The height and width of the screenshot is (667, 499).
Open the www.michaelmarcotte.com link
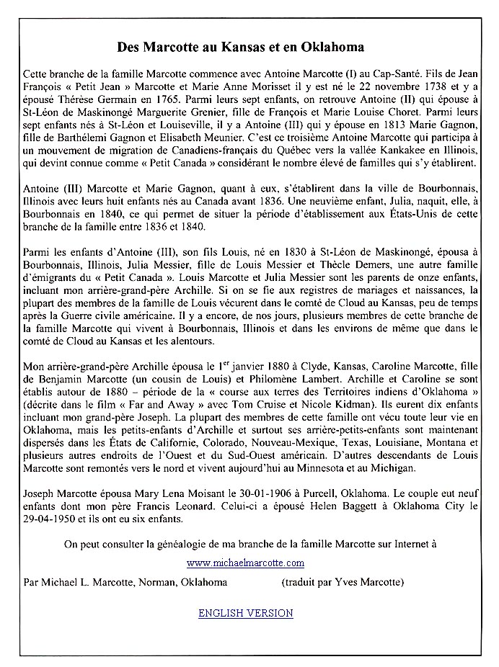click(245, 563)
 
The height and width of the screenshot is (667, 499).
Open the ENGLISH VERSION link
click(245, 613)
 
